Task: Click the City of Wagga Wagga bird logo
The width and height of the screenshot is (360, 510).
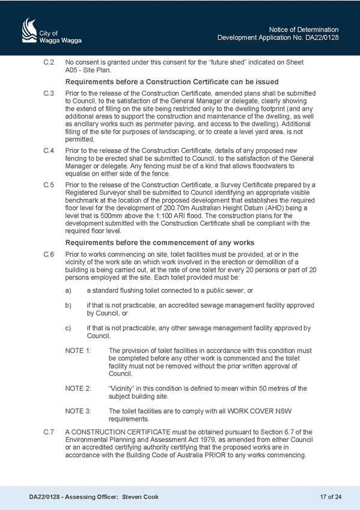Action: coord(29,30)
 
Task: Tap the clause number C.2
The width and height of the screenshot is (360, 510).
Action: coord(49,62)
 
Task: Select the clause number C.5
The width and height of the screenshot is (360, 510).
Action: coord(49,185)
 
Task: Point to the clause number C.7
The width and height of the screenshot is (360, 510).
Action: coord(49,432)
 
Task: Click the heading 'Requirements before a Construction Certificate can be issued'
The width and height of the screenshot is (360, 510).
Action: coord(172,82)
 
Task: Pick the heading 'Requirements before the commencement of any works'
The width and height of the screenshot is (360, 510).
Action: coord(159,242)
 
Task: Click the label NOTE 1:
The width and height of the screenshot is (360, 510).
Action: coord(78,351)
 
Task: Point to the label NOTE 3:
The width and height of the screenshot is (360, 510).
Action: coord(78,411)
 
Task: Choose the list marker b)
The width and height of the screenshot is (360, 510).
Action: coord(69,306)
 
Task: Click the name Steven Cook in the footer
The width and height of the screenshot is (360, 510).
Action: coord(141,497)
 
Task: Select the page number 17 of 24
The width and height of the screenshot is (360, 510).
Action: coord(331,497)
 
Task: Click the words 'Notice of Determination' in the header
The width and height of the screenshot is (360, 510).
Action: coord(304,29)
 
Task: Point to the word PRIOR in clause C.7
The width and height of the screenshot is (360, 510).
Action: coord(215,455)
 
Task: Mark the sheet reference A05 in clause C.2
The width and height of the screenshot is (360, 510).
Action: coord(70,70)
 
